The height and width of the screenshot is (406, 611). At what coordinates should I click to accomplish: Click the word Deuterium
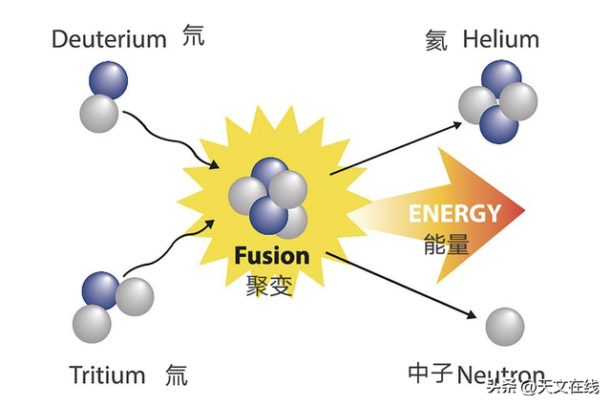(x=110, y=39)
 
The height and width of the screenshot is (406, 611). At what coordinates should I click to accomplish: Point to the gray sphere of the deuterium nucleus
(x=99, y=113)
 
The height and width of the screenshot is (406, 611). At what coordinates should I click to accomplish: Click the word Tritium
(x=107, y=374)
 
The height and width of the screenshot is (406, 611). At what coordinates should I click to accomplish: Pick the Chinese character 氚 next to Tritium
(x=176, y=374)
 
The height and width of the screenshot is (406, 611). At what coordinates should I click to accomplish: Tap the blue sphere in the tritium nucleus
(x=100, y=291)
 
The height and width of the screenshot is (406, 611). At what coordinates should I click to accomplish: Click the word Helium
(x=500, y=39)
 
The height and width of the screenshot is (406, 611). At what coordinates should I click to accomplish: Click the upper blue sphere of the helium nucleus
(x=501, y=78)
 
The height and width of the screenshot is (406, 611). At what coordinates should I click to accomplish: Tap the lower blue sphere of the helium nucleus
(x=499, y=123)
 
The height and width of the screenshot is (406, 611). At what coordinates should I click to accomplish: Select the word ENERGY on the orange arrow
(x=454, y=212)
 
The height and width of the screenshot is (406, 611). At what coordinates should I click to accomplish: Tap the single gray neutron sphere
(x=505, y=327)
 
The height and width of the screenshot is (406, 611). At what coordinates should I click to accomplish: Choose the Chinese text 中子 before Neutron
(x=430, y=373)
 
